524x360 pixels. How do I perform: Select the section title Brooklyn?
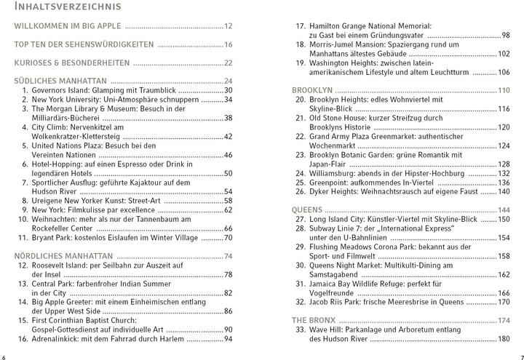(312, 89)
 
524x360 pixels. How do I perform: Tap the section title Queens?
(307, 209)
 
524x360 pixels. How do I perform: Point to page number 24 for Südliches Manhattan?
(228, 80)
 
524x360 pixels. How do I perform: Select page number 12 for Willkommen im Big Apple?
(228, 25)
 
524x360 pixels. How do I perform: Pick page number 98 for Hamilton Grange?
(505, 34)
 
